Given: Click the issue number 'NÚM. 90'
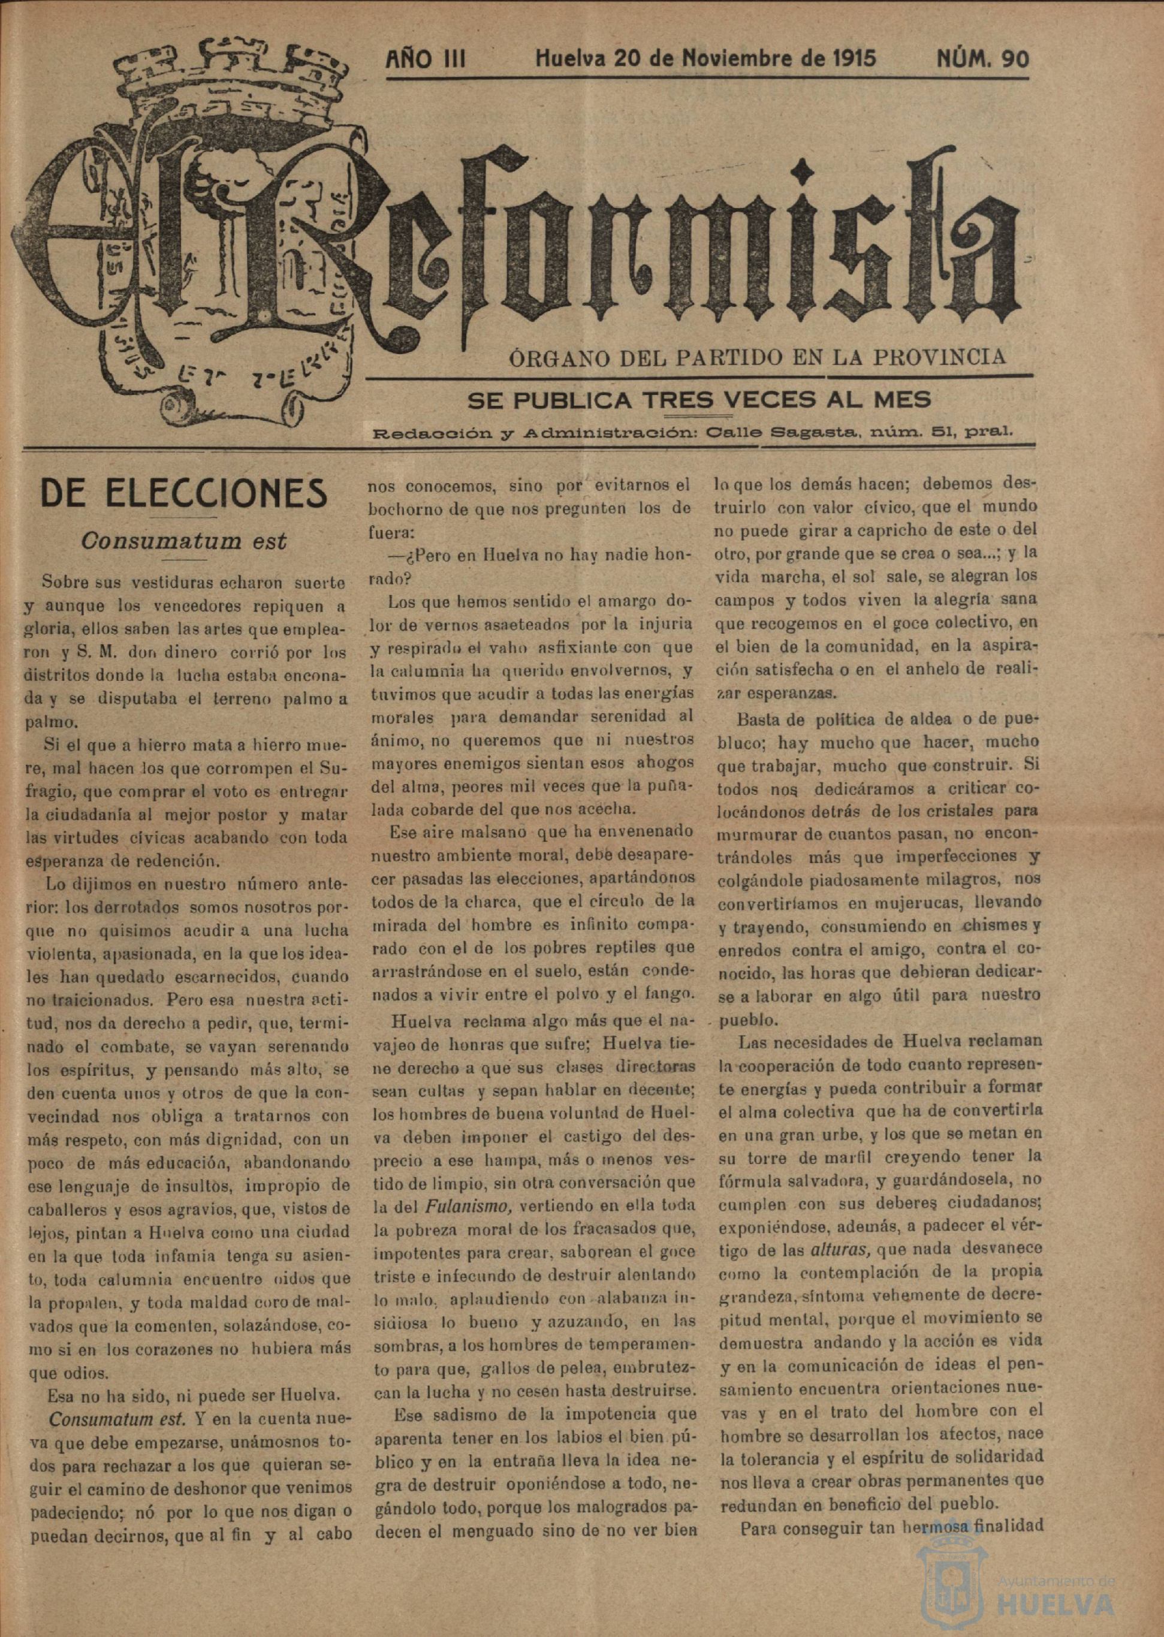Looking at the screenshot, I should point(982,59).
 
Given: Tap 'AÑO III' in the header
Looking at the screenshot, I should point(426,59).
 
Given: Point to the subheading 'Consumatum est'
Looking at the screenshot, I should point(184,541).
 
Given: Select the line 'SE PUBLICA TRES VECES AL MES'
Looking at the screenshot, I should point(699,399).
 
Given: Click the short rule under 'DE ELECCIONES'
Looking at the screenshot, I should point(184,517).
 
